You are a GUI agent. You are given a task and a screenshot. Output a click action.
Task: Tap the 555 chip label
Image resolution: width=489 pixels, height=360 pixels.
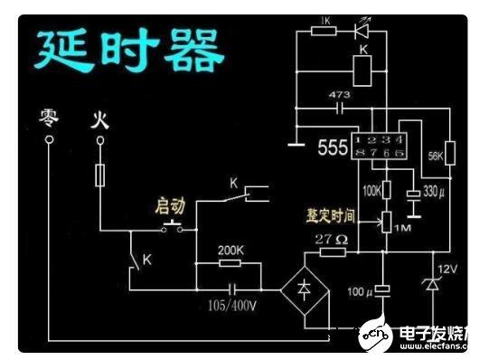coord(333,147)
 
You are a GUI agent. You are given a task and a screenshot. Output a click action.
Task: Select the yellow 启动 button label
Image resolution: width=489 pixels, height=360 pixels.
coord(169,207)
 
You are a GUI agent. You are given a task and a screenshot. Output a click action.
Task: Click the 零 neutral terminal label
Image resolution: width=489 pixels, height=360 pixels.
coord(48,117)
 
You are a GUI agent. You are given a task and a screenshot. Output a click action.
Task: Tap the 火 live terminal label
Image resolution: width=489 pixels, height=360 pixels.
coord(99,118)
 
